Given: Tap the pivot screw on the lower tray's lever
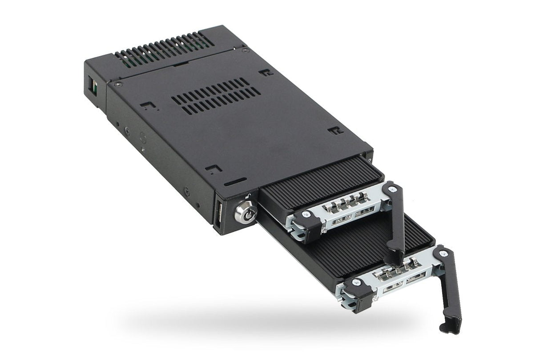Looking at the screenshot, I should click(x=442, y=254).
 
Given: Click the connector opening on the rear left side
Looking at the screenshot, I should click(x=95, y=86).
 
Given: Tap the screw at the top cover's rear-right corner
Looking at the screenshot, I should click(x=243, y=50).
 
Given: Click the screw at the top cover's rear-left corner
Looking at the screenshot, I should click(x=117, y=84).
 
